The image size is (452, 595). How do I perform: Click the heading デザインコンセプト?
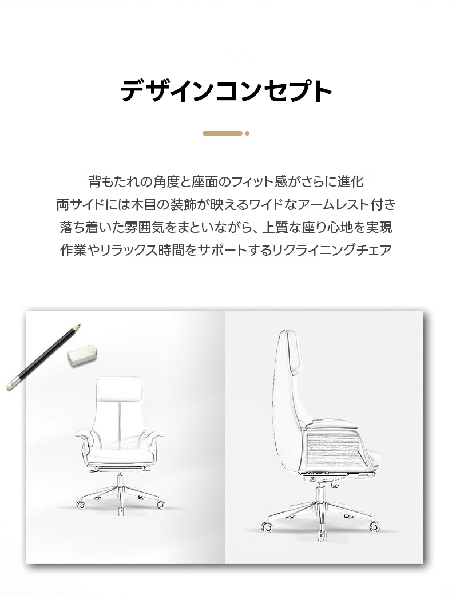point(226,91)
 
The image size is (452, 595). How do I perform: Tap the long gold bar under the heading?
point(223,133)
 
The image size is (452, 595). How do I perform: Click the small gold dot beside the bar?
point(247,133)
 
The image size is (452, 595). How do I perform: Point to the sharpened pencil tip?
point(79,326)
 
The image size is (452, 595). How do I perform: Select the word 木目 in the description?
point(142,205)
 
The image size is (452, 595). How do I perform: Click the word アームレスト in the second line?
point(327,205)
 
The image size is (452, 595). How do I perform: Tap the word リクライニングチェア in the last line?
point(332,250)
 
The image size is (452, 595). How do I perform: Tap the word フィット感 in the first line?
point(259,182)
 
